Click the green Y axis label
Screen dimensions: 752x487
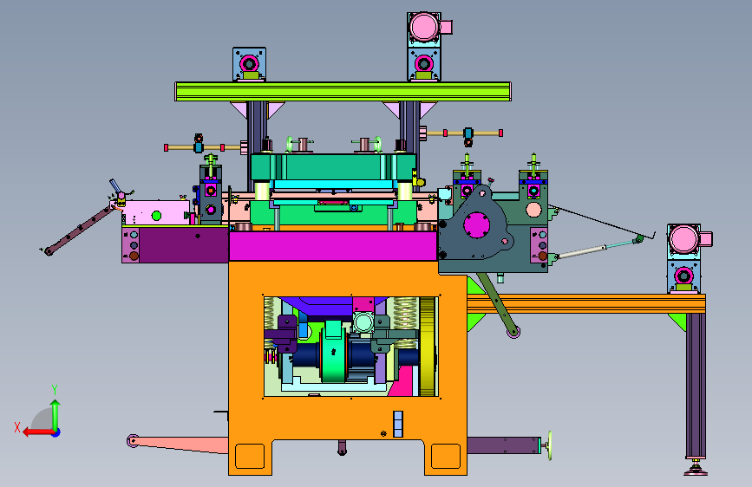55,389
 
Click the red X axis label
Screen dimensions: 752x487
17,427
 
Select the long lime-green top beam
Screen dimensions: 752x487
343,91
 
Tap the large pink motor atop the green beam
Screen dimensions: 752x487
424,26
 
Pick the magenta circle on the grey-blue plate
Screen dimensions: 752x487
477,224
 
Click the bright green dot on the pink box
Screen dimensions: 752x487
156,216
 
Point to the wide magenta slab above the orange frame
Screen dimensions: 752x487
333,246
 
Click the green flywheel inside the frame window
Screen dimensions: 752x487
333,351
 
